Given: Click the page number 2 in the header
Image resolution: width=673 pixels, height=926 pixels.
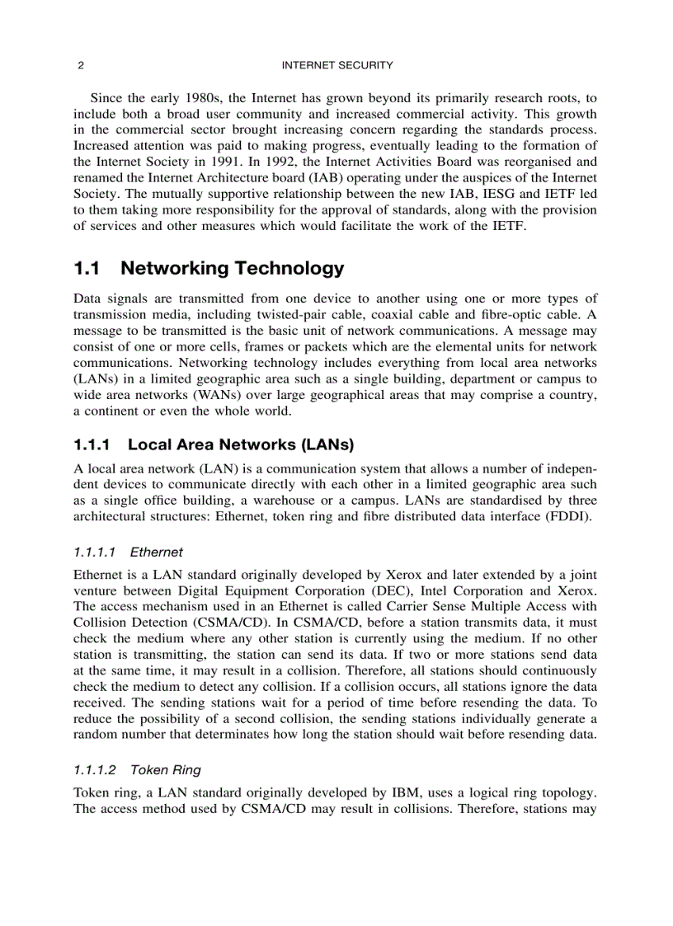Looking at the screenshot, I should pyautogui.click(x=79, y=65).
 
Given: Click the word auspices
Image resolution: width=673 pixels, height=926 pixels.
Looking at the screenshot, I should pyautogui.click(x=485, y=177).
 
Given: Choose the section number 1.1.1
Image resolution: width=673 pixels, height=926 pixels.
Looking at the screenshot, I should pyautogui.click(x=92, y=445).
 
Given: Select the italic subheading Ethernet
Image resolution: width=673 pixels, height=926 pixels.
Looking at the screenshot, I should pyautogui.click(x=157, y=552).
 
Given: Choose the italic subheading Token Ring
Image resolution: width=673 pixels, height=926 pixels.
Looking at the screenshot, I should pyautogui.click(x=166, y=770).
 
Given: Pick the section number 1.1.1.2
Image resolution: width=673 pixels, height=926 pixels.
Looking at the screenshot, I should pyautogui.click(x=95, y=770).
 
